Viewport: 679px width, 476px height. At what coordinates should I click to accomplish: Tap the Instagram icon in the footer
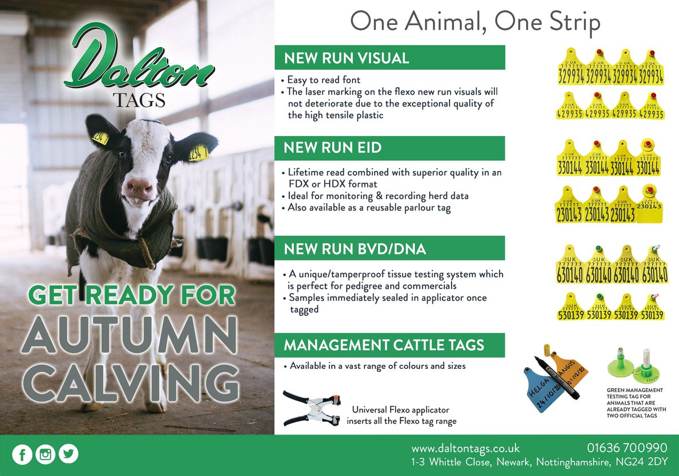point(45,454)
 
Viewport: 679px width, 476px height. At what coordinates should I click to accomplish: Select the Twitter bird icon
point(68,454)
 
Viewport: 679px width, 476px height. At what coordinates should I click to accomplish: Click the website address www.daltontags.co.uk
point(465,448)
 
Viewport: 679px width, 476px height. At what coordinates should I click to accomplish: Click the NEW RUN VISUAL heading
point(346,58)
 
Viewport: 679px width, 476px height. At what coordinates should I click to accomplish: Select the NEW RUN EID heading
point(333,148)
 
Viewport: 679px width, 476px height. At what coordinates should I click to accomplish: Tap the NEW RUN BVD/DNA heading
point(347,248)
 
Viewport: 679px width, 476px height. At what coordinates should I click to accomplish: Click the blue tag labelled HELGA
point(543,386)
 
